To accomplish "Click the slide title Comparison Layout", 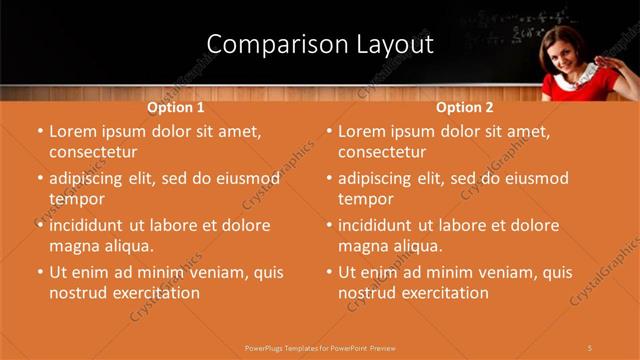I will point(320,45).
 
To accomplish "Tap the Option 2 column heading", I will point(464,107).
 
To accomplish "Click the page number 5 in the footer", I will point(590,347).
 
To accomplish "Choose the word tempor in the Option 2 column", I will point(366,199).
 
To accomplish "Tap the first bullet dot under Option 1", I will point(40,132).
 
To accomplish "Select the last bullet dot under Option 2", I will point(329,272).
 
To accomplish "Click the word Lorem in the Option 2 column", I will point(362,131).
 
